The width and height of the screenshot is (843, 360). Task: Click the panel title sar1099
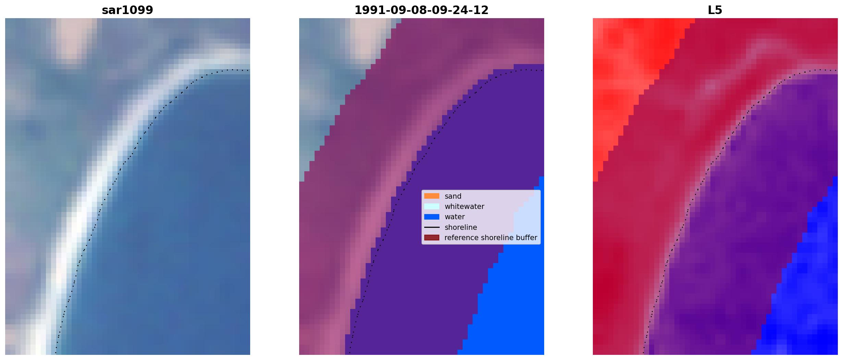pos(127,10)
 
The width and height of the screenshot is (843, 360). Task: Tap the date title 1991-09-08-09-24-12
pos(422,10)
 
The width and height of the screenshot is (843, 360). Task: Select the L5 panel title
pos(715,10)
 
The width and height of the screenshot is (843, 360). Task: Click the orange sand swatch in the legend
pos(432,196)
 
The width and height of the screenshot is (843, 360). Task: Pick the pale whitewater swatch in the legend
pos(432,206)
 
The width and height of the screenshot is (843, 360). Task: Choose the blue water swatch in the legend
pos(432,216)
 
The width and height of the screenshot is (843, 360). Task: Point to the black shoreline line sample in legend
pos(432,227)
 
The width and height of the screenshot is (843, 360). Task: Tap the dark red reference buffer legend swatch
pos(432,237)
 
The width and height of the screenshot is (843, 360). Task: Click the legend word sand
pos(453,196)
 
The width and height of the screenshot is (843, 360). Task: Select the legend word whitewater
pos(464,207)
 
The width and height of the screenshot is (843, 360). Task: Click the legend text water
pos(455,217)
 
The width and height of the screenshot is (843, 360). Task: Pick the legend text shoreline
pos(461,227)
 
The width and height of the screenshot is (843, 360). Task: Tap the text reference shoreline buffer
pos(491,238)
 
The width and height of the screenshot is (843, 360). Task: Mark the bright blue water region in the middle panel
pos(511,308)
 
